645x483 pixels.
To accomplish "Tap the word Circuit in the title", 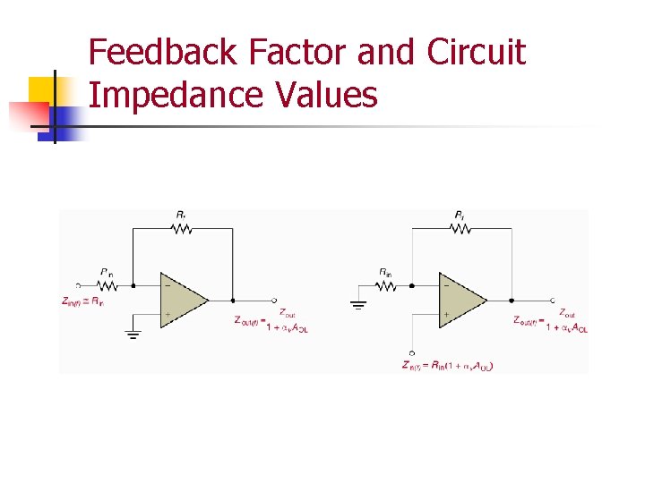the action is [476, 53].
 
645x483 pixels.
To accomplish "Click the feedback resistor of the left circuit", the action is [182, 229].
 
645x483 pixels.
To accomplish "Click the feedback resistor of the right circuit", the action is [460, 229].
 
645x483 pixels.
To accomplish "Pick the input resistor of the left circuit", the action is [107, 285].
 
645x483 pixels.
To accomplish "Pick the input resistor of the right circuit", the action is [385, 285].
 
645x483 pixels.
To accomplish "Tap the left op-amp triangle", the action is [181, 300].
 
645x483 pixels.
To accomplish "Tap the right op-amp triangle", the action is [460, 300].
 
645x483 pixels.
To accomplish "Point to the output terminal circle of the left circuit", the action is [274, 301].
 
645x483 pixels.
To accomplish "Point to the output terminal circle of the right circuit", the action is [553, 301].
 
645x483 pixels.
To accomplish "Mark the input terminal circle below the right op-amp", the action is [411, 352].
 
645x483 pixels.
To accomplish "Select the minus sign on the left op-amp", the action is [168, 286].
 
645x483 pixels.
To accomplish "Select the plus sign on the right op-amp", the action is [445, 315].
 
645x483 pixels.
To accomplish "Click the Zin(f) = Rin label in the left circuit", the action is [82, 301].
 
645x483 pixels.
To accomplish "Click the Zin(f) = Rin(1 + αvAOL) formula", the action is [448, 365].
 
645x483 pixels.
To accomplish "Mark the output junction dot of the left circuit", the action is [233, 301].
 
